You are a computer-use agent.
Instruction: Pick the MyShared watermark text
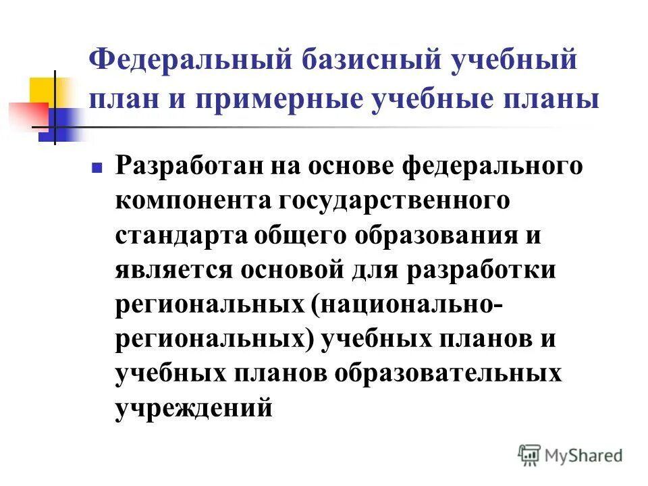(x=584, y=455)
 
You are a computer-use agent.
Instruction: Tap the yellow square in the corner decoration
(x=42, y=91)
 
